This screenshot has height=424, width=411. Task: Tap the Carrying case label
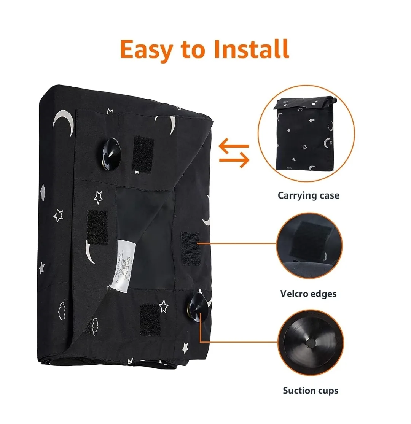click(308, 195)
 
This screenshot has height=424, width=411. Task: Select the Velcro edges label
click(308, 294)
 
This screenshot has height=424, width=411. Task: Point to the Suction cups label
click(311, 391)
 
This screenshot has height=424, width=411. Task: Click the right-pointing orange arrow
click(234, 161)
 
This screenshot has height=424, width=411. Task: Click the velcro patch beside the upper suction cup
click(143, 153)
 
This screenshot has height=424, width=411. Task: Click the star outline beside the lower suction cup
click(164, 306)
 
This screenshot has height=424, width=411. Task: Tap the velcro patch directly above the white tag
click(97, 226)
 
